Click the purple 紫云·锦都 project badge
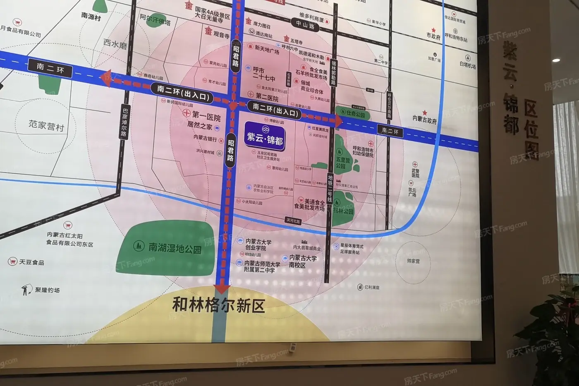(x=264, y=135)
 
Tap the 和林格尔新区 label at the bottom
(x=218, y=305)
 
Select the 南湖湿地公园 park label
(x=175, y=248)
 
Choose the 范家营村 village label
(x=46, y=125)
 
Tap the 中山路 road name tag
(x=305, y=26)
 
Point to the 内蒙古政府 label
(x=424, y=120)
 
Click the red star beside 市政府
(x=433, y=30)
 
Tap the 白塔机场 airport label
(x=467, y=65)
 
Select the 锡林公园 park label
(x=343, y=211)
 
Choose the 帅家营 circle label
(x=413, y=261)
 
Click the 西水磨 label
(x=115, y=44)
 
